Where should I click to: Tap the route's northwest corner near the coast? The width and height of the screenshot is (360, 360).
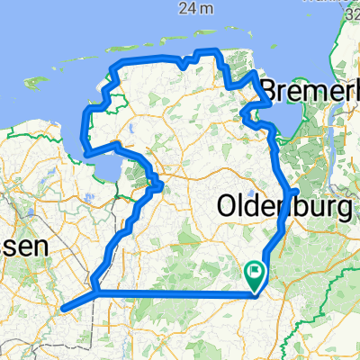(x=112, y=68)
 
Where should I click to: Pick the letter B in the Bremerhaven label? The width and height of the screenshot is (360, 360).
(x=269, y=91)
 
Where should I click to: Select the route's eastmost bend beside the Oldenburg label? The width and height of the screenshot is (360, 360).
(x=297, y=192)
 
